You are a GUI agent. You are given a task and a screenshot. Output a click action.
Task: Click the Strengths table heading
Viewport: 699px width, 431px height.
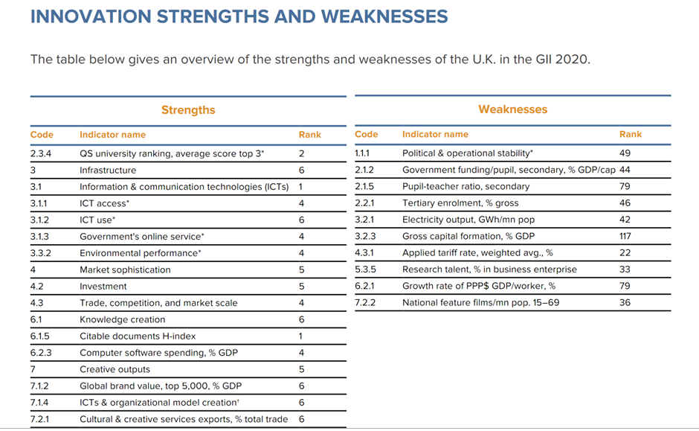pos(188,110)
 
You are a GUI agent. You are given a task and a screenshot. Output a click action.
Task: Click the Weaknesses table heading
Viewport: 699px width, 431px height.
pos(512,109)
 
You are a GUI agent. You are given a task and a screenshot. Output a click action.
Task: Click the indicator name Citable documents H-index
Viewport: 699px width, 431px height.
pos(138,336)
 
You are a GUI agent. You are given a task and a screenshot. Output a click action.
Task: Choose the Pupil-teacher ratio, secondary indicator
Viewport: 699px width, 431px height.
pos(466,186)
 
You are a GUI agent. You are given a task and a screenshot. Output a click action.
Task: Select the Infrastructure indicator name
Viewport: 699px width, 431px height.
pos(108,170)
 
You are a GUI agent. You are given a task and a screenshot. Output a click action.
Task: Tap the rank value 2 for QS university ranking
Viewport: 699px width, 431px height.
pos(302,153)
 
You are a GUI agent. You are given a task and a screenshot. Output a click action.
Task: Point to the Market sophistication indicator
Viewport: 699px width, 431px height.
pos(125,269)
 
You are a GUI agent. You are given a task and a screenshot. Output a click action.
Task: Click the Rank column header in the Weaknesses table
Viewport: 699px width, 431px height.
pos(630,134)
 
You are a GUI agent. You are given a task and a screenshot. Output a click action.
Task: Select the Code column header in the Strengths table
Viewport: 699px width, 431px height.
pos(42,135)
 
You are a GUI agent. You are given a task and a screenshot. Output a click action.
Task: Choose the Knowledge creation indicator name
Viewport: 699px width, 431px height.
pos(123,319)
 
